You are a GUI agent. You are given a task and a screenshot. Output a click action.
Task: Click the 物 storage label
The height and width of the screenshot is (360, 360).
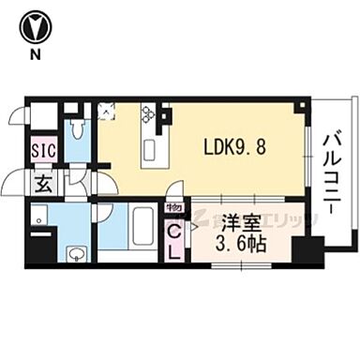(x=173, y=208)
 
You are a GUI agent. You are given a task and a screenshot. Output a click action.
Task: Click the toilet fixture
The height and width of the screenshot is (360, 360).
(x=77, y=131)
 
